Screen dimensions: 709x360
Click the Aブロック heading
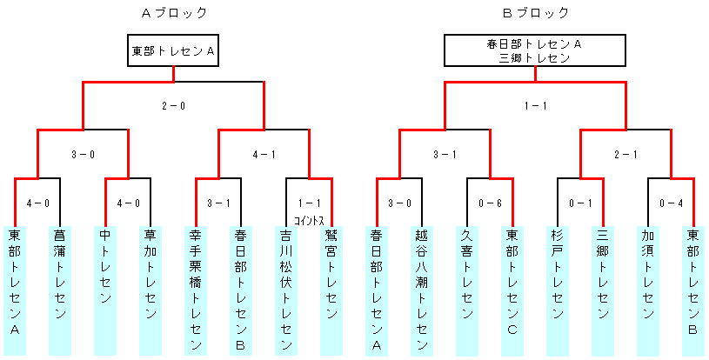coord(174,14)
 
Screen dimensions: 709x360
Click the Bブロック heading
coord(536,14)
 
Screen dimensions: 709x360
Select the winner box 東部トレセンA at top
coord(173,50)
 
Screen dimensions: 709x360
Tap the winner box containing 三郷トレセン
coord(535,50)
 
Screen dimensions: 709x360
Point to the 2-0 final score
coord(174,106)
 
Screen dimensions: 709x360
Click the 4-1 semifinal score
coord(264,155)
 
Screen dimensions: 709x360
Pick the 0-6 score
coord(490,203)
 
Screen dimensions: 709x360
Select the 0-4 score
coord(671,203)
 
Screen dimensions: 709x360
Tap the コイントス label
coord(310,221)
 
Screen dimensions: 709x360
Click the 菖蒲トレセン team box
coord(60,290)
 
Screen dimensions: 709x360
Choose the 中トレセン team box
coord(105,290)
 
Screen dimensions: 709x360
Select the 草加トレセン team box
coord(150,290)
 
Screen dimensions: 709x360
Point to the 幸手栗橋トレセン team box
coord(196,290)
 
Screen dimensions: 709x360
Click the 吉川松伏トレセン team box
coord(286,290)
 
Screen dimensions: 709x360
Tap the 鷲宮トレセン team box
coord(331,290)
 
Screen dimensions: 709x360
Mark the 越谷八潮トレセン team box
coord(422,290)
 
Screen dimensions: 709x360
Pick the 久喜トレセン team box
coord(467,290)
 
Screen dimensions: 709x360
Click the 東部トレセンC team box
coord(512,290)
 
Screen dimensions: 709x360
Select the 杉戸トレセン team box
coord(558,290)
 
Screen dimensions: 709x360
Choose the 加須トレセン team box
coord(648,290)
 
